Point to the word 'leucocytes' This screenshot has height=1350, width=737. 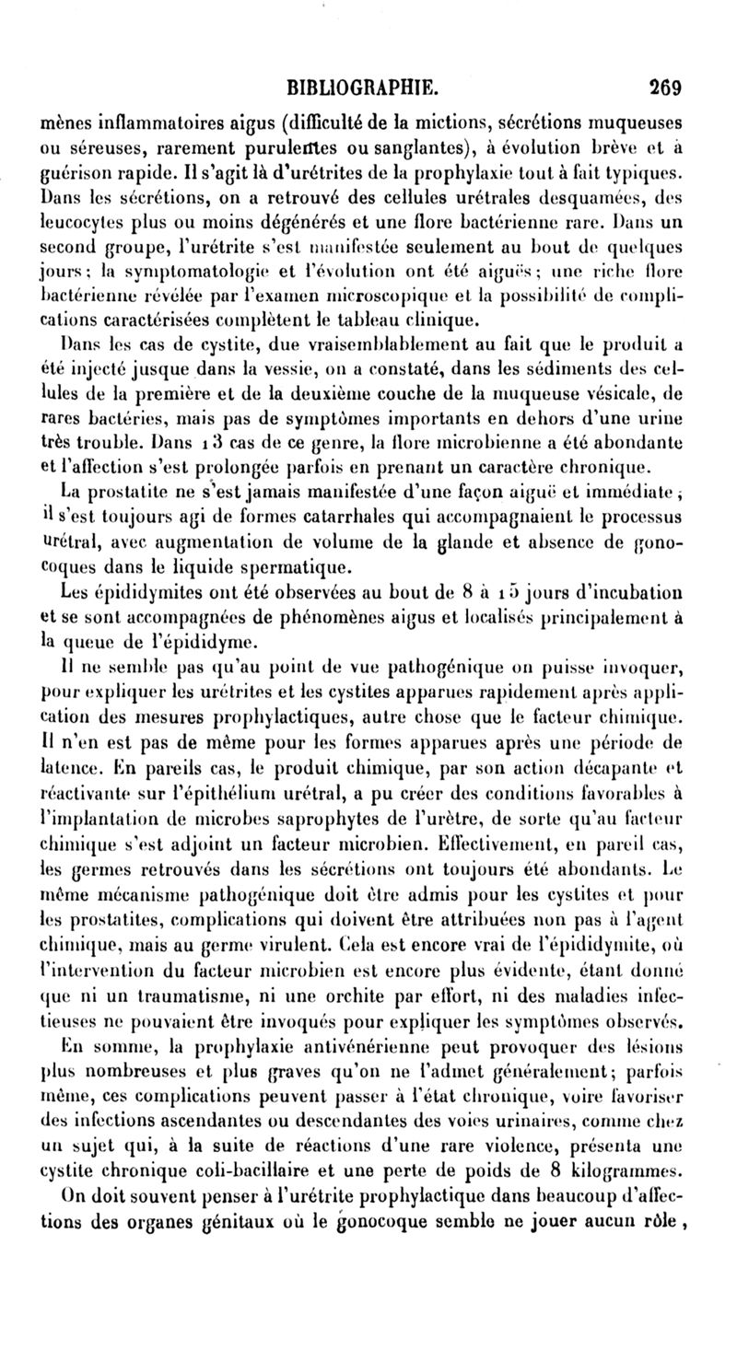pyautogui.click(x=84, y=223)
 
